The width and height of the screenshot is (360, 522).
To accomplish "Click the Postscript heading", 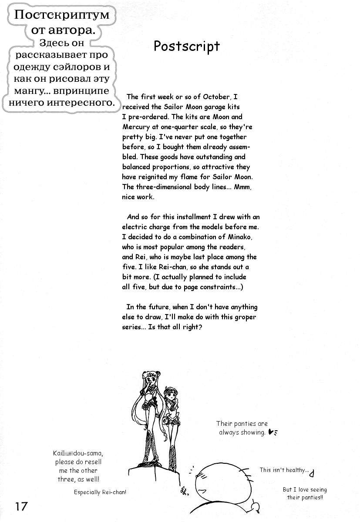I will pos(186,46).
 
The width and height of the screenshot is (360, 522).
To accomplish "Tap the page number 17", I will pos(21,506).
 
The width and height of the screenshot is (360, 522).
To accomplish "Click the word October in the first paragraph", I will pos(215,97).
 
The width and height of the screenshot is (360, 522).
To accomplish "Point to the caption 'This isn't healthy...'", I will pos(284,470).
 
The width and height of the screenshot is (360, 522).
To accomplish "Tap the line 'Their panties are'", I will pos(242,423).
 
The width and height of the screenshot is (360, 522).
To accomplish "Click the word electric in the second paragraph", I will pos(136,227).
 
